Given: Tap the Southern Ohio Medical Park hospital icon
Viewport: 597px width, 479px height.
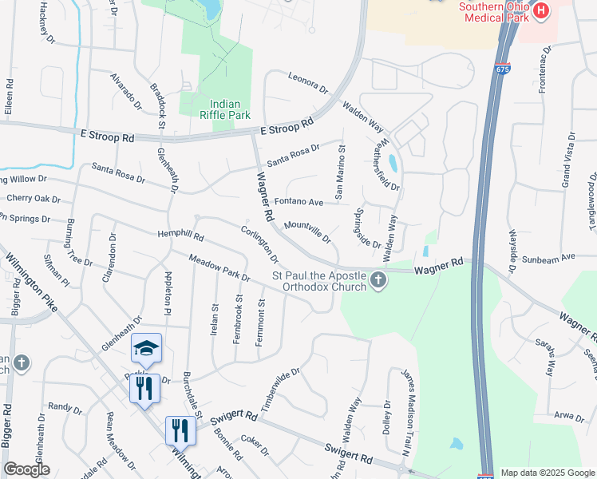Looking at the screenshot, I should pyautogui.click(x=541, y=11).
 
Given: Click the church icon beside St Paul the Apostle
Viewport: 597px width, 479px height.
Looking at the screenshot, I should pyautogui.click(x=378, y=279).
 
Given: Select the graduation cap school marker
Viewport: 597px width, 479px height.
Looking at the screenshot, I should pyautogui.click(x=146, y=348).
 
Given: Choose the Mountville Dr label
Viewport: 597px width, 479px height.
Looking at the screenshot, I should pyautogui.click(x=307, y=232).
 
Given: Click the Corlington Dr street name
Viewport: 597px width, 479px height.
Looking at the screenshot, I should pyautogui.click(x=260, y=244).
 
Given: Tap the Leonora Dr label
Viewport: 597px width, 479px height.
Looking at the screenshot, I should pyautogui.click(x=308, y=85).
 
